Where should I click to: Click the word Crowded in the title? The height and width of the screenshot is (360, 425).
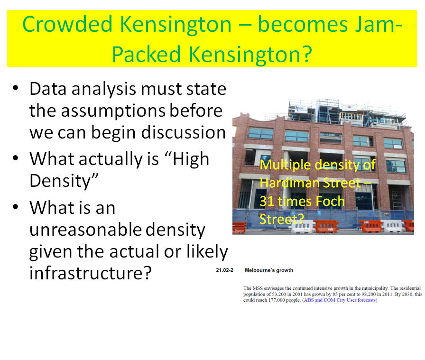(x=67, y=24)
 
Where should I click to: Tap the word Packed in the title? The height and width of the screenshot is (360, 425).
(x=147, y=54)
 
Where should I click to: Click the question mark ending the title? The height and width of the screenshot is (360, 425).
(x=307, y=54)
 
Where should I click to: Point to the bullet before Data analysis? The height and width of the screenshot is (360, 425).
(x=16, y=88)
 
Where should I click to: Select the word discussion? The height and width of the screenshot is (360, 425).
(x=184, y=132)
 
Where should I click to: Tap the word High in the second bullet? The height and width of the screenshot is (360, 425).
(x=191, y=159)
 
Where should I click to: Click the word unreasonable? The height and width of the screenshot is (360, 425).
(x=85, y=230)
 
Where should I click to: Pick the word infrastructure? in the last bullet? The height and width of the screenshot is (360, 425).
(x=90, y=273)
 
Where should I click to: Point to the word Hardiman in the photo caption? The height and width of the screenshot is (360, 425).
(x=289, y=183)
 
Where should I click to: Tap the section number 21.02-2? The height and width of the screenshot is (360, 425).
(x=224, y=270)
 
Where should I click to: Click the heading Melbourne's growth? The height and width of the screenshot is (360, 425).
(x=269, y=270)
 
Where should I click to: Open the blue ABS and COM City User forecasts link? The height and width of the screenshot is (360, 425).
(x=340, y=300)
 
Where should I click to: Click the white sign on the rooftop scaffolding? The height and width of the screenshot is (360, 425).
(x=301, y=109)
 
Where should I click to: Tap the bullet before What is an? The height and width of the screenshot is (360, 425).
(x=16, y=207)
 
